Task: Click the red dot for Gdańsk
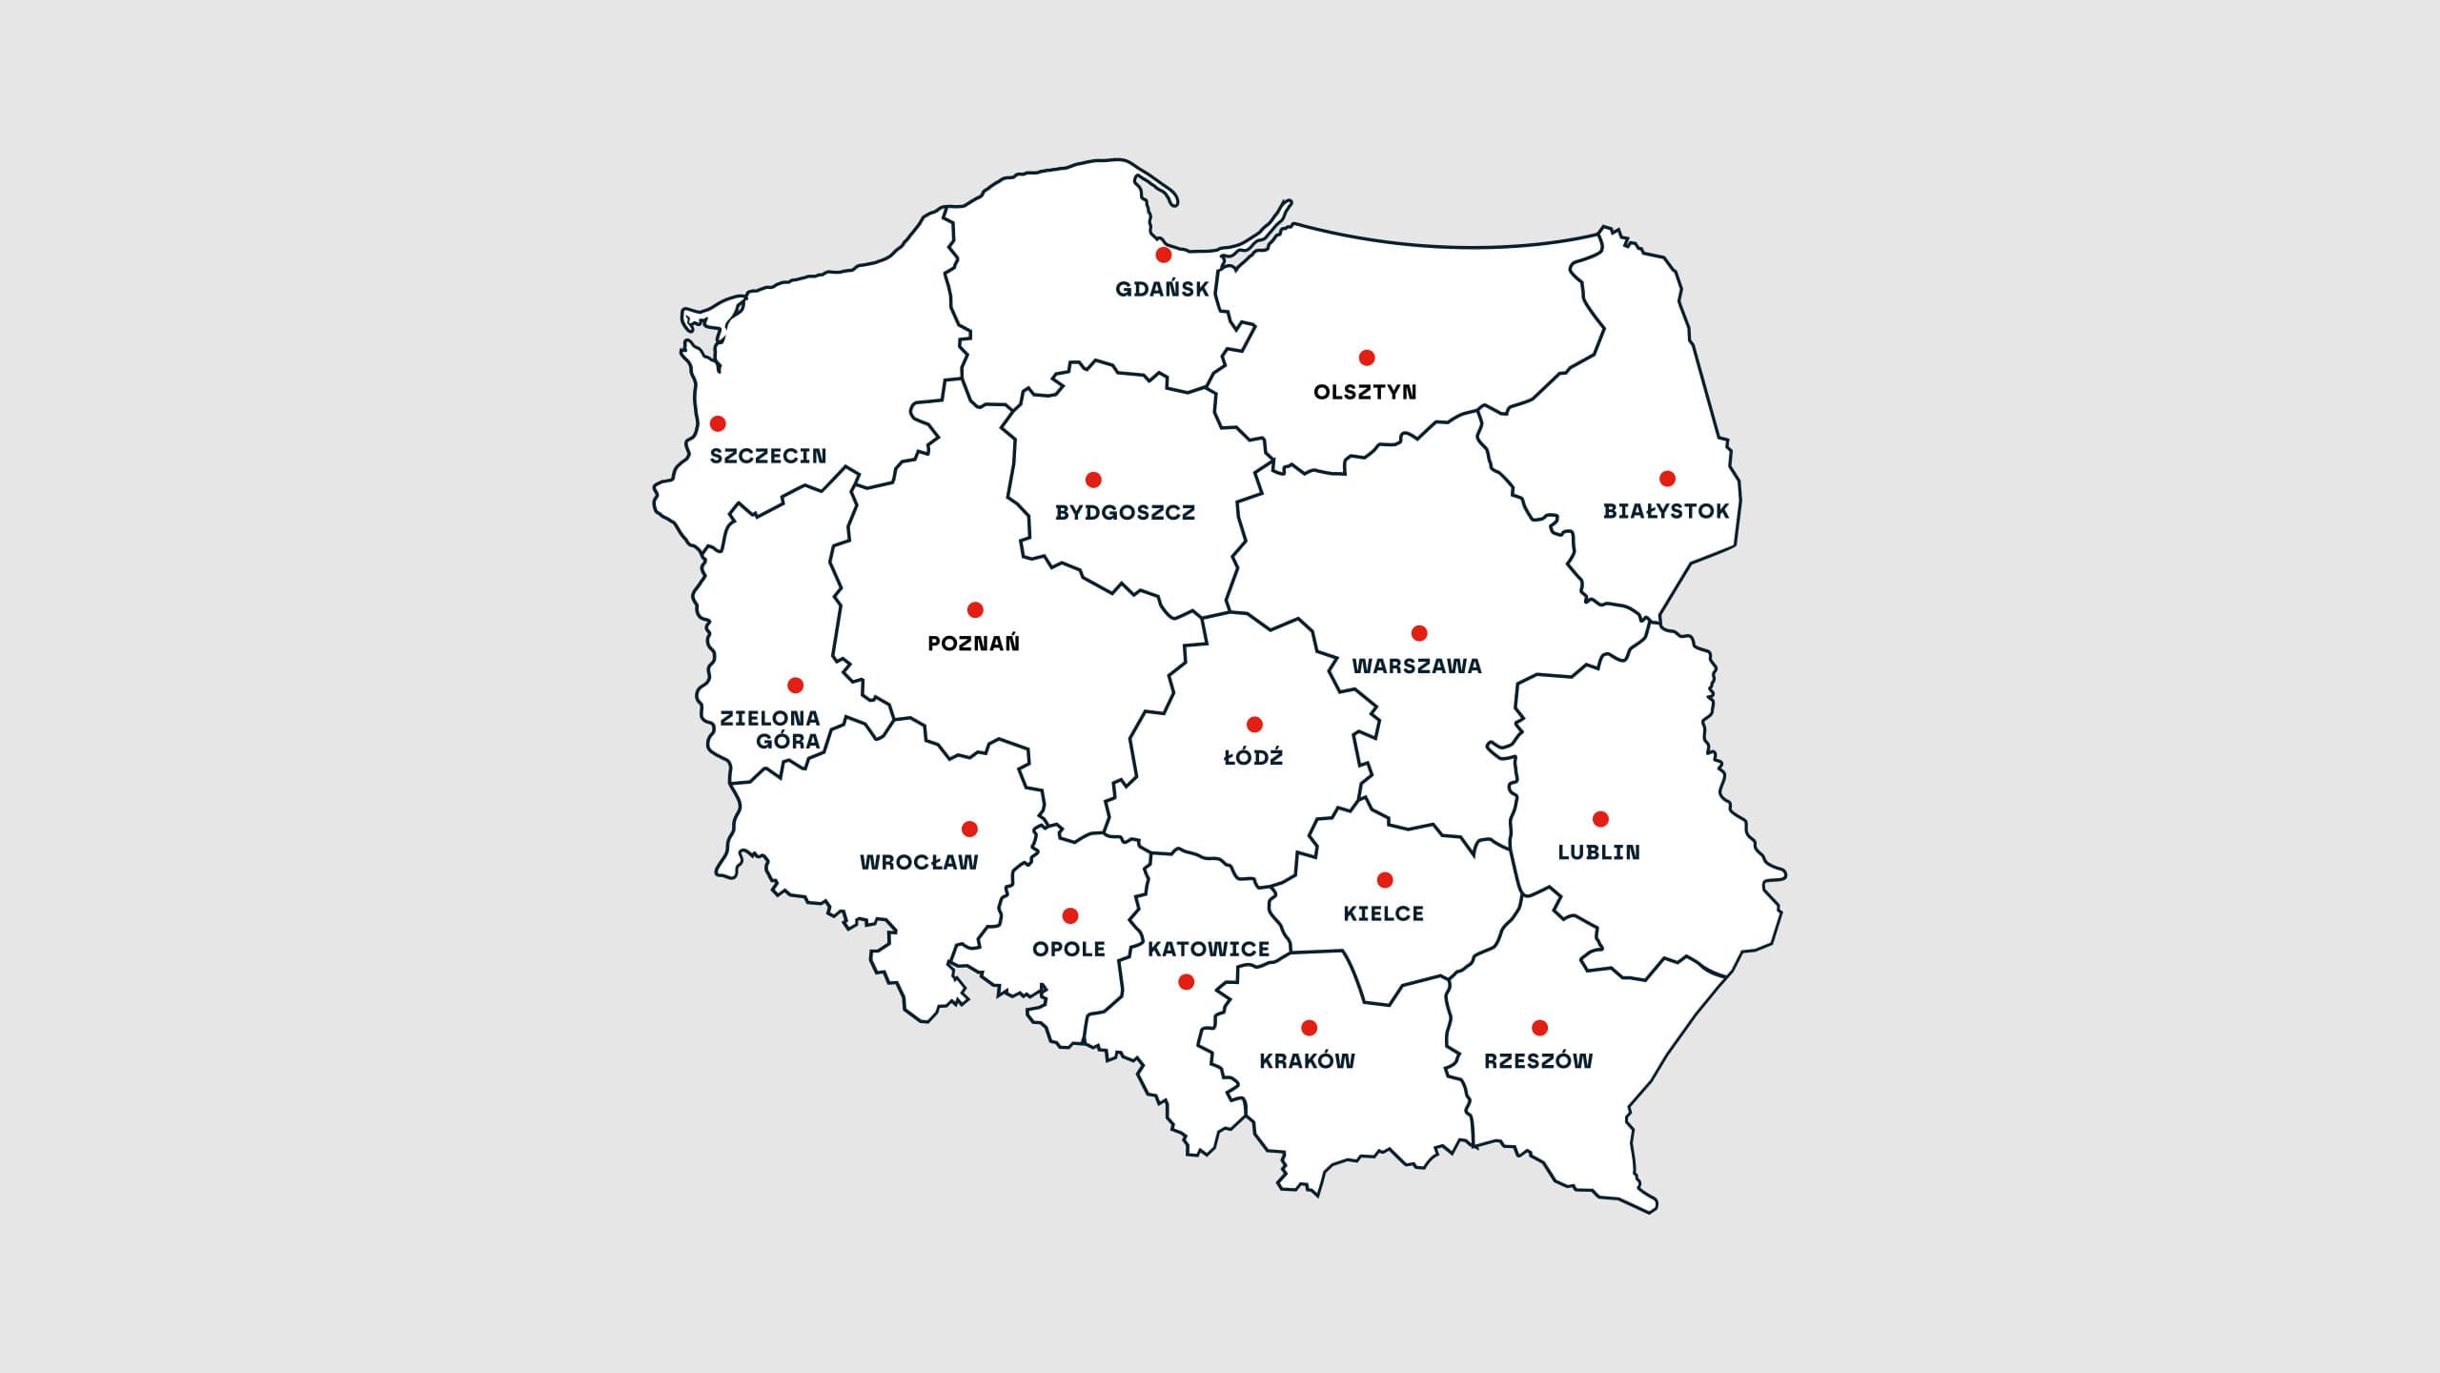pos(1163,256)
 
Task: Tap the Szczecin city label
pos(768,456)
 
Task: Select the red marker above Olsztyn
pos(1367,358)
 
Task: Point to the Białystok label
pos(1666,511)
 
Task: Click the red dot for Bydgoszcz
pos(1093,480)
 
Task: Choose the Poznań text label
pos(974,644)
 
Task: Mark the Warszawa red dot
pos(1419,633)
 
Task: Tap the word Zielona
pos(770,718)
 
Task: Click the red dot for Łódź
pos(1254,725)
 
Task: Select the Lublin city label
pos(1599,852)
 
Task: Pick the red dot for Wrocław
pos(969,829)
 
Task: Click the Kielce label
pos(1384,913)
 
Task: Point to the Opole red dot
pos(1070,916)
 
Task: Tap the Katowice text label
pos(1209,950)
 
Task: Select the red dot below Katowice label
pos(1187,982)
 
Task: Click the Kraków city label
pos(1308,1061)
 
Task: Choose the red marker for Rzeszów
pos(1539,1028)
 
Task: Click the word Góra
pos(788,742)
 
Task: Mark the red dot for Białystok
pos(1667,479)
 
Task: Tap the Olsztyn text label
pos(1365,392)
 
